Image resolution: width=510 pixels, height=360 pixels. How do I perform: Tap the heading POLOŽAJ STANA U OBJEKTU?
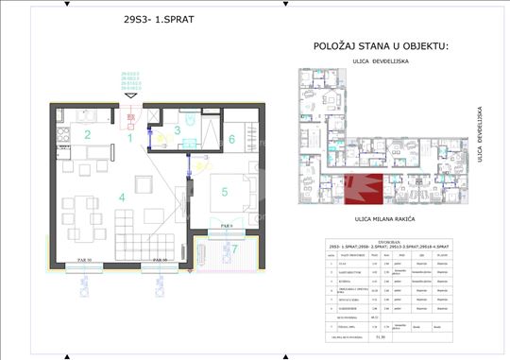(x=379, y=46)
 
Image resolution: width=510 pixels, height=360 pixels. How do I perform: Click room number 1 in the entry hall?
(x=130, y=138)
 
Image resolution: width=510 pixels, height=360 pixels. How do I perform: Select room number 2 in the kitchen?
(x=87, y=135)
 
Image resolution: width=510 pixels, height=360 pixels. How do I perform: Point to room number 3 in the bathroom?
(x=176, y=130)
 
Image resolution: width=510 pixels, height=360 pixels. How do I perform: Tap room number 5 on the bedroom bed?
(x=225, y=193)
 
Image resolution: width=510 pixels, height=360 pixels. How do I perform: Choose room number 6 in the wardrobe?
(x=232, y=138)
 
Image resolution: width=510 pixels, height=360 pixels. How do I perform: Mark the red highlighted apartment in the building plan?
(x=364, y=191)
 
